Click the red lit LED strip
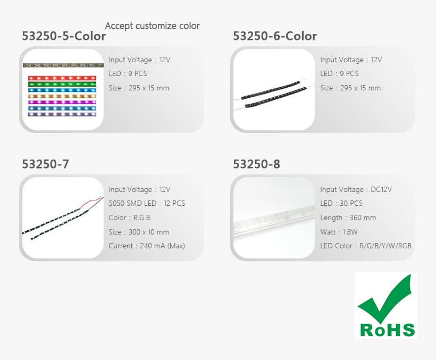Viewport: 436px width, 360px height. (x=62, y=78)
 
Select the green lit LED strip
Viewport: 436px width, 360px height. (x=62, y=83)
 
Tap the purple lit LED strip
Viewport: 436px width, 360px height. (x=62, y=102)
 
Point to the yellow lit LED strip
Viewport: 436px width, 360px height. (x=62, y=96)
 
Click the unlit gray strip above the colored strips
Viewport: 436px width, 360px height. (x=62, y=65)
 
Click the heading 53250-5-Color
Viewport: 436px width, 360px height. (x=64, y=36)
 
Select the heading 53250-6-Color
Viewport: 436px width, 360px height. (x=275, y=36)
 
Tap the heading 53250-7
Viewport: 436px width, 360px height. (x=45, y=164)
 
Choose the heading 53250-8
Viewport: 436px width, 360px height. (x=256, y=164)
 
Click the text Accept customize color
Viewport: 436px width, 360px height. (x=153, y=26)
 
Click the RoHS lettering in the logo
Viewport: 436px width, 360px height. (x=387, y=330)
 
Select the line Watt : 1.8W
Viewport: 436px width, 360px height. (x=339, y=232)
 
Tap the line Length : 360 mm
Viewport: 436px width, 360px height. (x=348, y=217)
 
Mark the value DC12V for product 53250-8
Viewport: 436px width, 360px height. (x=378, y=189)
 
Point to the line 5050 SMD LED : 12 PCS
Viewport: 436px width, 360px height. (x=147, y=203)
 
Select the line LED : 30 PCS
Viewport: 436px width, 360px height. (x=341, y=203)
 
